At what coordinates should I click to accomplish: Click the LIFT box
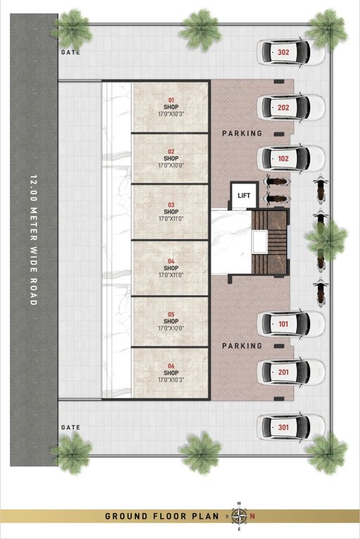point(244,196)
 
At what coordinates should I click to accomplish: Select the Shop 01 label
point(171,107)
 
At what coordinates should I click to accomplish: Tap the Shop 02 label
point(171,159)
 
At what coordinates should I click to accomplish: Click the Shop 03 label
point(171,211)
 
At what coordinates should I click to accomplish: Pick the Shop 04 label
point(171,268)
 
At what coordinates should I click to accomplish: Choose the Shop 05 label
point(171,321)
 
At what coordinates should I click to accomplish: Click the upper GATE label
point(71,52)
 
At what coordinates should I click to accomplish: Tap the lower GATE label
point(71,427)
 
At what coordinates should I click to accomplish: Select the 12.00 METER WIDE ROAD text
point(33,239)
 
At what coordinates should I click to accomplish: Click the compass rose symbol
point(239,516)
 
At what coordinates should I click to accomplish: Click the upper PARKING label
point(242,133)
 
